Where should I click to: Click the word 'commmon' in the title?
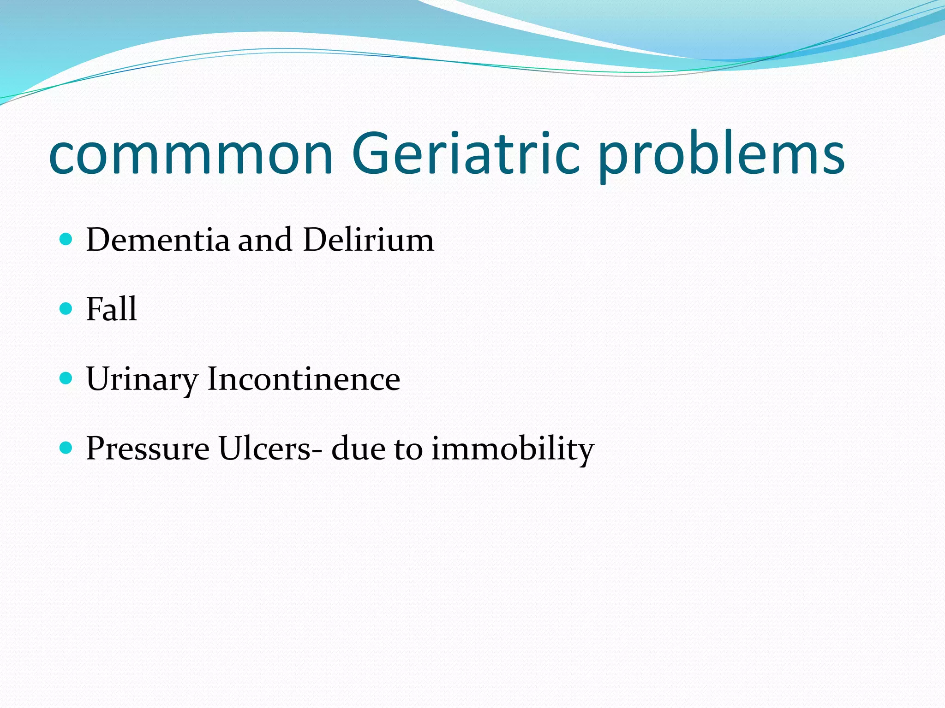point(190,154)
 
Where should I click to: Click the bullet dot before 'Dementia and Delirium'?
point(66,239)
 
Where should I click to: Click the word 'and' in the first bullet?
point(265,240)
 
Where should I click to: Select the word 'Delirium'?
point(368,240)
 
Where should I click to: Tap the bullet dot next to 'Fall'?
point(66,308)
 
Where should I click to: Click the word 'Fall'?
point(111,309)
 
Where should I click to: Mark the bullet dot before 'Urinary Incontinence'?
point(66,378)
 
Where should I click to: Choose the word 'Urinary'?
point(142,380)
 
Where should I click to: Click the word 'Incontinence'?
point(304,379)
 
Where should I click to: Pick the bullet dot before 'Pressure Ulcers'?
point(66,447)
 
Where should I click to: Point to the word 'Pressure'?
point(148,448)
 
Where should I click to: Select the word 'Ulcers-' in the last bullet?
point(271,448)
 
